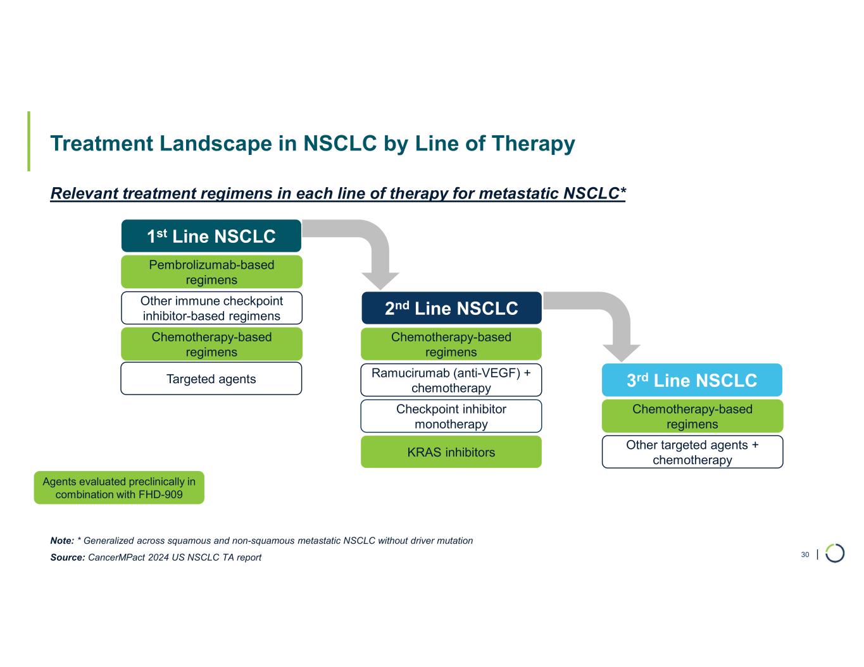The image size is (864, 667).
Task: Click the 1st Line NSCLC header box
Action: click(211, 236)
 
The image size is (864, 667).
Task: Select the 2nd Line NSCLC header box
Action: click(451, 308)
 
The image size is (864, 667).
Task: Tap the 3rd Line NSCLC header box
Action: click(692, 380)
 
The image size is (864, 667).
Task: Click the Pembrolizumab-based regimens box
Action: click(211, 272)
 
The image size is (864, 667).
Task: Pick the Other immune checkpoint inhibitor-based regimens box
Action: click(211, 308)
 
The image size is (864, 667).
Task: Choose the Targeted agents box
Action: click(211, 379)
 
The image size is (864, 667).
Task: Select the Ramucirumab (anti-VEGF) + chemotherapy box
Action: click(451, 380)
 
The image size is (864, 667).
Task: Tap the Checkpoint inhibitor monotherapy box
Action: click(451, 416)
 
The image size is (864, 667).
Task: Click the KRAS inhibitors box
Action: click(451, 452)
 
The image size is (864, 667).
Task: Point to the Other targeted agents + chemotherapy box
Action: click(692, 452)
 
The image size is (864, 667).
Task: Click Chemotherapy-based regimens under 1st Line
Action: click(211, 344)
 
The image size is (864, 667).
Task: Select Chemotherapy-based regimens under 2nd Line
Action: click(451, 344)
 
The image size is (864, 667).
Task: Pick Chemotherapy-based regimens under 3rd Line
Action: click(692, 416)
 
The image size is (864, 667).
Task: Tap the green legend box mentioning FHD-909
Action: click(119, 487)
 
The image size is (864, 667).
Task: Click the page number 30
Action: click(805, 554)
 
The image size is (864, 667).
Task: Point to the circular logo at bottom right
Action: click(835, 553)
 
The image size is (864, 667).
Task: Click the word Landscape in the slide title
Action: click(216, 144)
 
